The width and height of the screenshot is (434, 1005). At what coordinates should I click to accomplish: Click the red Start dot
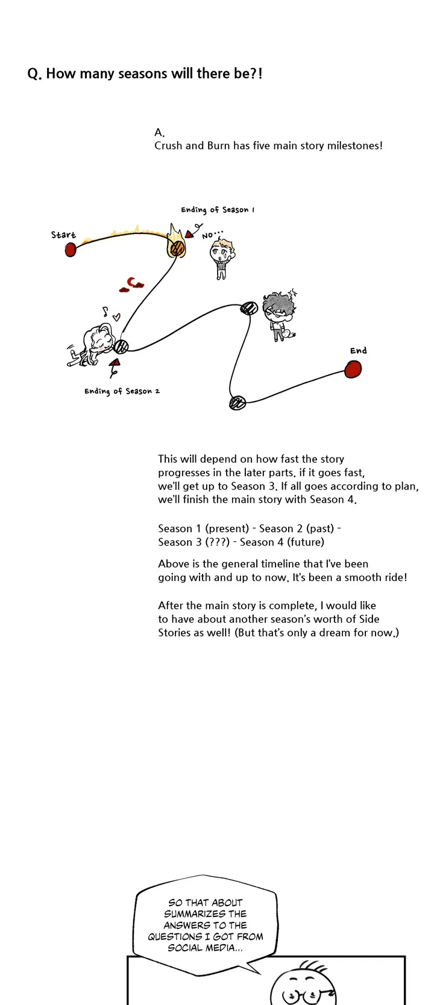point(71,249)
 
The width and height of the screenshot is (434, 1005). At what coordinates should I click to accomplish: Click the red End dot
point(353,369)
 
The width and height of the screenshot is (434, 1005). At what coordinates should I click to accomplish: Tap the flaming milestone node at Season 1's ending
point(177,247)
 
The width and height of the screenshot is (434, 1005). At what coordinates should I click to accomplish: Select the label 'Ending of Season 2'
point(122,391)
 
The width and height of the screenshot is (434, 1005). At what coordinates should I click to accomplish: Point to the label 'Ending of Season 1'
point(218,210)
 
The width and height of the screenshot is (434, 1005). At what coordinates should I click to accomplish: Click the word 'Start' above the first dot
point(63,235)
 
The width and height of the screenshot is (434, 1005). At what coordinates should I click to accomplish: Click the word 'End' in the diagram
point(358,350)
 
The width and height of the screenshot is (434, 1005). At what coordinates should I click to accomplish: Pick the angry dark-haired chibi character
point(279,313)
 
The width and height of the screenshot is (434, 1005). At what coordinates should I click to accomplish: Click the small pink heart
point(117,316)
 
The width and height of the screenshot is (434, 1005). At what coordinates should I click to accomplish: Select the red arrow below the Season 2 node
point(114,364)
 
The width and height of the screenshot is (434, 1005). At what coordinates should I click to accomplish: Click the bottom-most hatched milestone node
point(237,403)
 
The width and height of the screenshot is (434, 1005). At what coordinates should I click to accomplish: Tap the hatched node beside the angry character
point(249,309)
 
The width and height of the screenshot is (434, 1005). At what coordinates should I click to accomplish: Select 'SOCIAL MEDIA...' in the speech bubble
point(205,948)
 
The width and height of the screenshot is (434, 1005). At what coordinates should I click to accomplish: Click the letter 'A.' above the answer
point(160,133)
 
